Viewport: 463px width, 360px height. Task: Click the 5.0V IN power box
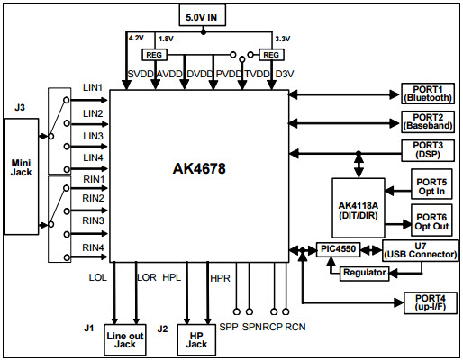click(203, 15)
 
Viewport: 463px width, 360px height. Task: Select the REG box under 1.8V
click(154, 55)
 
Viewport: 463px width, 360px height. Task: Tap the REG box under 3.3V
click(271, 55)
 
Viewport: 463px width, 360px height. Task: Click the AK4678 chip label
click(199, 168)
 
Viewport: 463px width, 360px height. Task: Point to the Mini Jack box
click(21, 176)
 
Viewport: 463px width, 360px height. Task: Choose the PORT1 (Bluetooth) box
click(428, 94)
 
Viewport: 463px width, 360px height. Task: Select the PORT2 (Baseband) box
click(428, 121)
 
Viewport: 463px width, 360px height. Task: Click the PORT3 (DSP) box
click(428, 150)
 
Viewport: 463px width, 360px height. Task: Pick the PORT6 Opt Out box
click(431, 220)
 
